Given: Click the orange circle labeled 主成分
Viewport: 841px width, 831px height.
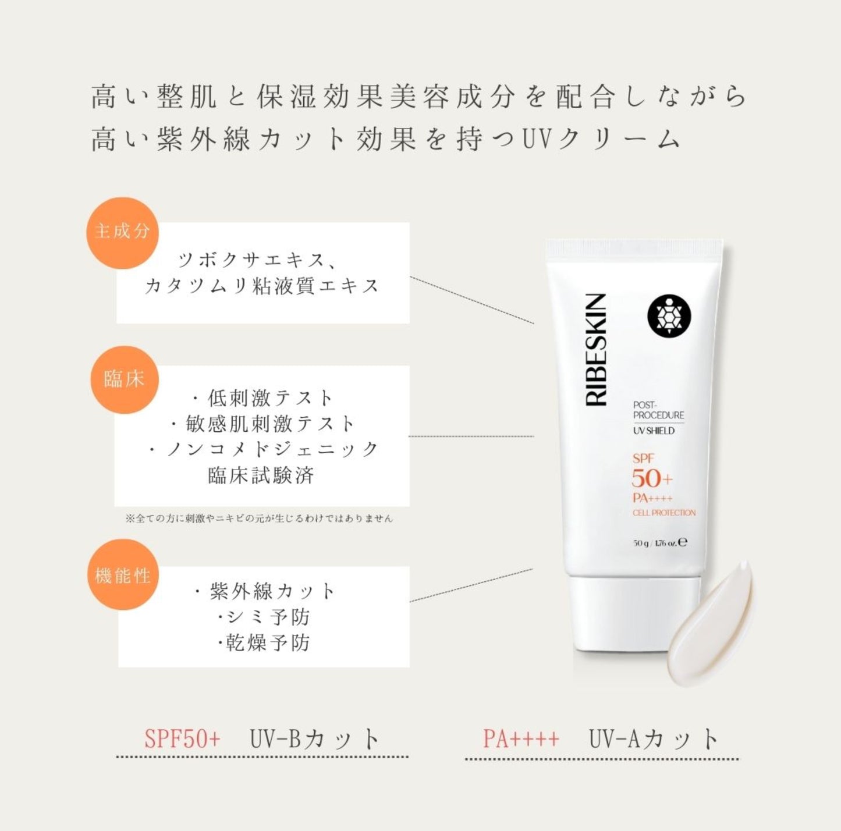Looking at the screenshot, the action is tap(122, 233).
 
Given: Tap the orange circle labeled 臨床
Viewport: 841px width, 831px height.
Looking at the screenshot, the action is tap(125, 379).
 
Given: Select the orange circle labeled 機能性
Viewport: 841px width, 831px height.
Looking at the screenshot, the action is tap(123, 575).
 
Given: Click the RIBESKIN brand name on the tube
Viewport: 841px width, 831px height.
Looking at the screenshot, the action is tap(596, 350).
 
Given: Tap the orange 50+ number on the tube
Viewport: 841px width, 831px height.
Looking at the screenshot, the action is tap(652, 479).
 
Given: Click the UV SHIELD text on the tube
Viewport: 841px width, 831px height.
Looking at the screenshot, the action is tap(654, 431).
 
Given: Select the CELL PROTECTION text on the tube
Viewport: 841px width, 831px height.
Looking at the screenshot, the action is tap(664, 513).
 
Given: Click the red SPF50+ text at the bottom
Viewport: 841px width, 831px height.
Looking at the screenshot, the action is tap(182, 738).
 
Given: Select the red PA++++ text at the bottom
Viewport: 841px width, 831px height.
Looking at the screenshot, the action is tap(521, 738).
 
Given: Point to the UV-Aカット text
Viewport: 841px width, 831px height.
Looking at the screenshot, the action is tap(654, 738).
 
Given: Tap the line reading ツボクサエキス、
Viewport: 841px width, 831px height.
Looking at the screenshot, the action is tap(258, 261).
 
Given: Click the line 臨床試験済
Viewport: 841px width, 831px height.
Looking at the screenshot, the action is tap(261, 475).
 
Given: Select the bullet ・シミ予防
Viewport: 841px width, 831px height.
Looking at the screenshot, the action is tap(264, 617).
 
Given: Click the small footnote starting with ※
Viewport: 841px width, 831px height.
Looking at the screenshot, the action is tap(259, 518).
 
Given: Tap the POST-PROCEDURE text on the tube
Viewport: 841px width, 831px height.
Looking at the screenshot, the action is tap(659, 410).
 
